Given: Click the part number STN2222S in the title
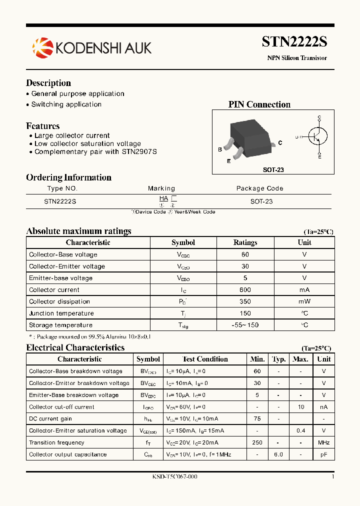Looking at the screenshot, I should [294, 42].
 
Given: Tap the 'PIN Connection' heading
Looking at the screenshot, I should [259, 104].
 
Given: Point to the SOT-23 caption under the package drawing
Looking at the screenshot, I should [273, 170].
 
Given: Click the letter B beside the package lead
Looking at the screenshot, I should [220, 149].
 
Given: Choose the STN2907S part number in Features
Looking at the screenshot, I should [139, 151].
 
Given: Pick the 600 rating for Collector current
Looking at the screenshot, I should [245, 290].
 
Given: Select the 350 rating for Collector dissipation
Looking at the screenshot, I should [245, 301].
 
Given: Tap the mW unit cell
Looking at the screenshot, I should [304, 301].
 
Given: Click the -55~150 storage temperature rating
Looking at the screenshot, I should [245, 325].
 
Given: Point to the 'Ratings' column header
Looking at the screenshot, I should [245, 242].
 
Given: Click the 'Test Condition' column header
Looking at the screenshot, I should [205, 359].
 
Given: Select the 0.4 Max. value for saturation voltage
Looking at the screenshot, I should [300, 430].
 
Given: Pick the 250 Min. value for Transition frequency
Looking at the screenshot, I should [257, 442].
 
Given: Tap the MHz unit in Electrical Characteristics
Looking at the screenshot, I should [323, 442].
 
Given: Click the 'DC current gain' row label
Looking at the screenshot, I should [50, 418].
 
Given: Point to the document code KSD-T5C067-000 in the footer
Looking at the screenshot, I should [174, 476].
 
